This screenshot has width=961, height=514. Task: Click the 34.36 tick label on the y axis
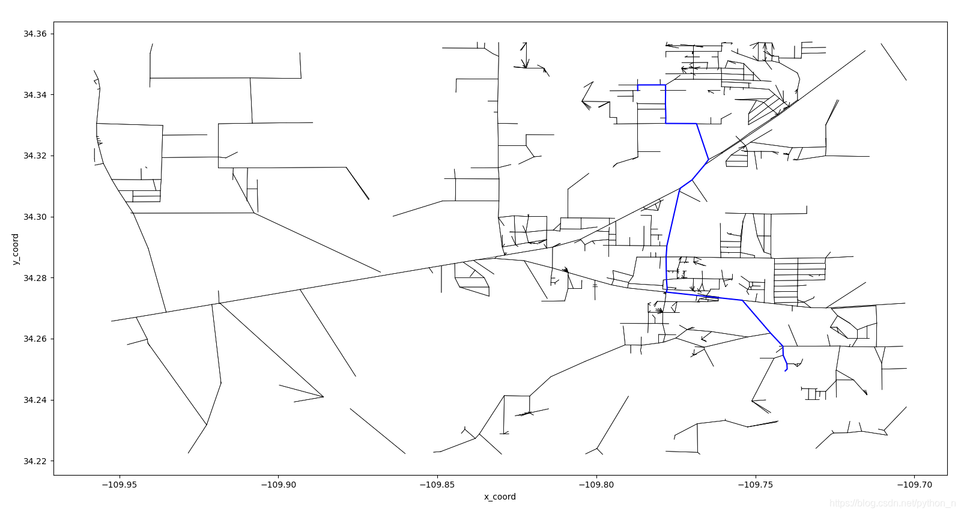click(x=35, y=34)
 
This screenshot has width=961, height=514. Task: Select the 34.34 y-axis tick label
click(x=35, y=95)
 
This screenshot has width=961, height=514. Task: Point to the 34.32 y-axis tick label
click(x=35, y=156)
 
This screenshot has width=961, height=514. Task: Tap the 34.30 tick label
click(x=35, y=217)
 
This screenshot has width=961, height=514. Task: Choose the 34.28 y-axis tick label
click(x=35, y=278)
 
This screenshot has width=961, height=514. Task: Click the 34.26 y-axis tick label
click(x=35, y=339)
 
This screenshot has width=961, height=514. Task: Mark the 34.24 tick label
click(x=35, y=400)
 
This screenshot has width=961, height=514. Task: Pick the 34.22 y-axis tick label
click(x=35, y=461)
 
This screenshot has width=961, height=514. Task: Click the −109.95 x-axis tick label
click(x=120, y=485)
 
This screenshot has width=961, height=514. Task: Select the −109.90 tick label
click(x=279, y=485)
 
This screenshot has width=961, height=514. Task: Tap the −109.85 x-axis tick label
click(x=437, y=485)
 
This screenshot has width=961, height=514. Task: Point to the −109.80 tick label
click(x=596, y=485)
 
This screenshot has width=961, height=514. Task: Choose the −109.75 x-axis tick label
click(x=755, y=485)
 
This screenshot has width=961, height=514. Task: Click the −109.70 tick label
click(x=914, y=485)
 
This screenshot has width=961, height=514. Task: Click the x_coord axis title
click(x=500, y=497)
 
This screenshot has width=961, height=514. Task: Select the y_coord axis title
click(x=16, y=249)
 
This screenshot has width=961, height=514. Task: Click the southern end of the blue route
click(x=785, y=370)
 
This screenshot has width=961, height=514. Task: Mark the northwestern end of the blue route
click(x=638, y=89)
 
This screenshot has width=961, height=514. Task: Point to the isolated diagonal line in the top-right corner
click(x=894, y=62)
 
